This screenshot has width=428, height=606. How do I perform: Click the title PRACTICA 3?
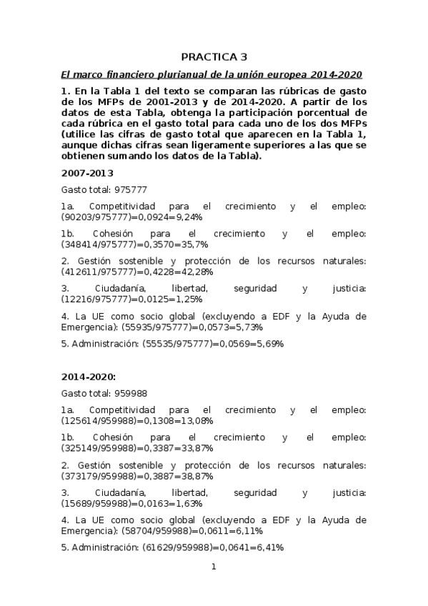[214, 56]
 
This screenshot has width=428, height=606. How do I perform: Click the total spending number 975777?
[130, 190]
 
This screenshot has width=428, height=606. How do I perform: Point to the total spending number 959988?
[130, 394]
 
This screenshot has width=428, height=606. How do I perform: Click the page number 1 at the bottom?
[213, 567]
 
